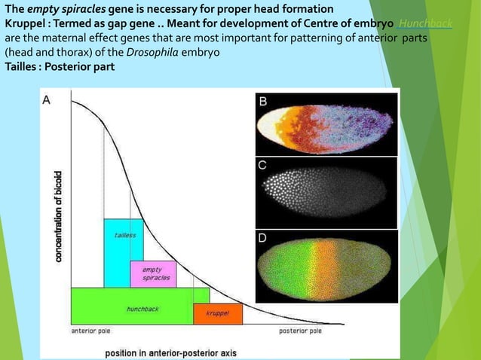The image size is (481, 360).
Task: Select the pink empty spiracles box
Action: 153,273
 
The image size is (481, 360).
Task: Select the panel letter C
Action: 262,165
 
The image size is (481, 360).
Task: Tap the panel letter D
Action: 262,238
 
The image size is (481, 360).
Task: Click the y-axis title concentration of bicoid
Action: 57,216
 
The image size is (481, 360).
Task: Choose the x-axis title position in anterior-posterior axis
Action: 170,352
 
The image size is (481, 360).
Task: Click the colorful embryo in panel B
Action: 325,123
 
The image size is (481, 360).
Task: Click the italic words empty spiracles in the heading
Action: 64,9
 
